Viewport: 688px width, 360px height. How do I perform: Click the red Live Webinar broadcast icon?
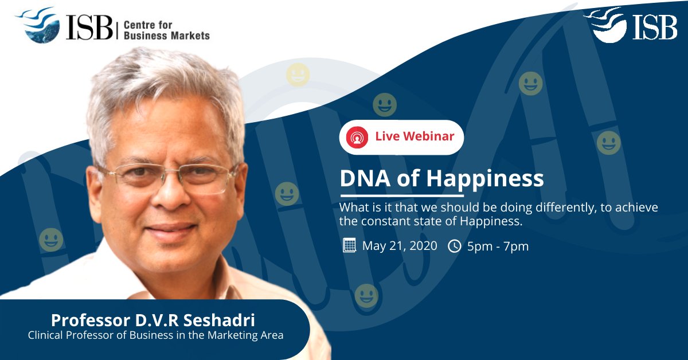coord(357,138)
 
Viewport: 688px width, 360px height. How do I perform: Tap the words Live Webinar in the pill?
coord(414,136)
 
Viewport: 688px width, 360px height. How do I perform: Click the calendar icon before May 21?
coord(349,246)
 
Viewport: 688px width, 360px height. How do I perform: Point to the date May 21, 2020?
coord(400,246)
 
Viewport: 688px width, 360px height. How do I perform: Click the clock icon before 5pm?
coord(454,246)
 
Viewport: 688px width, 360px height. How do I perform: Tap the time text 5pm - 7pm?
coord(497,246)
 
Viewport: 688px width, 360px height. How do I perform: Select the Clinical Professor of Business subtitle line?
coord(155,335)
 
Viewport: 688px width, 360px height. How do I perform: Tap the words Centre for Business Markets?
coord(166,30)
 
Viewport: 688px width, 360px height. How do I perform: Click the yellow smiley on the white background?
coord(298,75)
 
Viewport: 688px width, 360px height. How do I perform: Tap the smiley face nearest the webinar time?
coord(366,296)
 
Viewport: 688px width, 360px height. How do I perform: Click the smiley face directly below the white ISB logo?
coord(530,84)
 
